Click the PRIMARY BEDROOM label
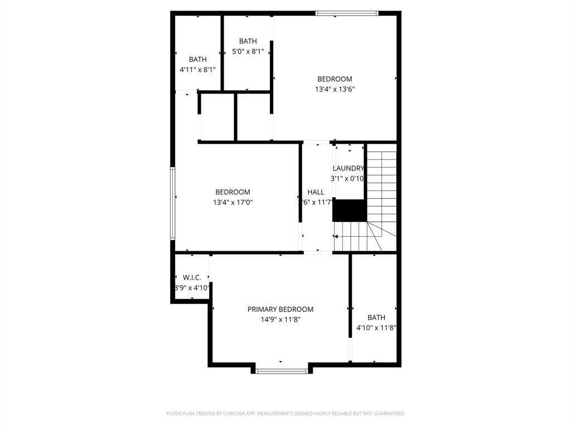280,309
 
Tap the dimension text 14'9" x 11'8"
280,320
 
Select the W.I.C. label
192,278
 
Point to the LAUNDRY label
349,168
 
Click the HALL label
316,192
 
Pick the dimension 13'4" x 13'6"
335,89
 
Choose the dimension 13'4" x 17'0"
233,203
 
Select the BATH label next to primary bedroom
376,318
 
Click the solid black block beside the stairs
350,211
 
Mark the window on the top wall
347,13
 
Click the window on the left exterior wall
173,203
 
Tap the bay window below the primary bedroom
282,371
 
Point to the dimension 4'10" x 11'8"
376,328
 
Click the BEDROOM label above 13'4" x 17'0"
233,192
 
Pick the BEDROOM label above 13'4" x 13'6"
335,79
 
